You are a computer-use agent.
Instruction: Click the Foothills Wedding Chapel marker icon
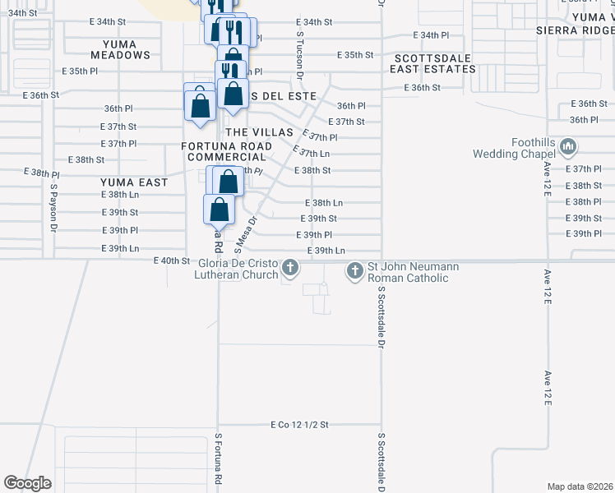(567, 147)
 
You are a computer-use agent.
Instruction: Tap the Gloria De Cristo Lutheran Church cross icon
(289, 269)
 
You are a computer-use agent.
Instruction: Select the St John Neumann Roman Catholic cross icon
(355, 269)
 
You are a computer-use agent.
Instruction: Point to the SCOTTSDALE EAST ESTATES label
(434, 64)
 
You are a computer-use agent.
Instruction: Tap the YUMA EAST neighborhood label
(134, 182)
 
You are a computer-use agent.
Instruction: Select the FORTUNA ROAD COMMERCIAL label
(227, 151)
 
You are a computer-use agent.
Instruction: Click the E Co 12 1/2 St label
(299, 425)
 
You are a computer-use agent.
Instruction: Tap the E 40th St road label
(172, 260)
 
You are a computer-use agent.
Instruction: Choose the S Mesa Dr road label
(246, 231)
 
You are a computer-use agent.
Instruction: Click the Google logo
(27, 483)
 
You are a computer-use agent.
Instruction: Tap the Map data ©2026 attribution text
(580, 486)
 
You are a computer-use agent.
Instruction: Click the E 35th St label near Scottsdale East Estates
(355, 55)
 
